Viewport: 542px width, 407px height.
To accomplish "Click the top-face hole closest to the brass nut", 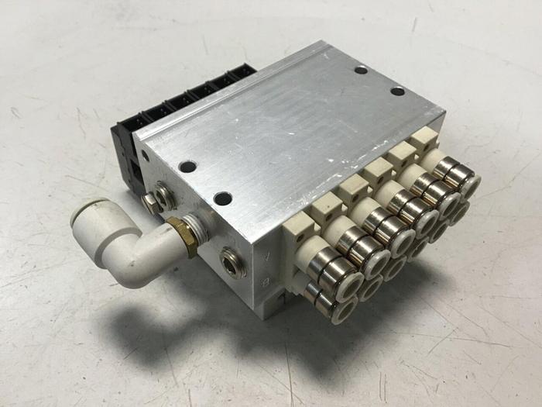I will click(222, 198).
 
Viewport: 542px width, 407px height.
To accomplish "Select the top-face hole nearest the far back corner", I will click(361, 70).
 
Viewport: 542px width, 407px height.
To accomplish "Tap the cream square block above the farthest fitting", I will click(422, 140).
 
